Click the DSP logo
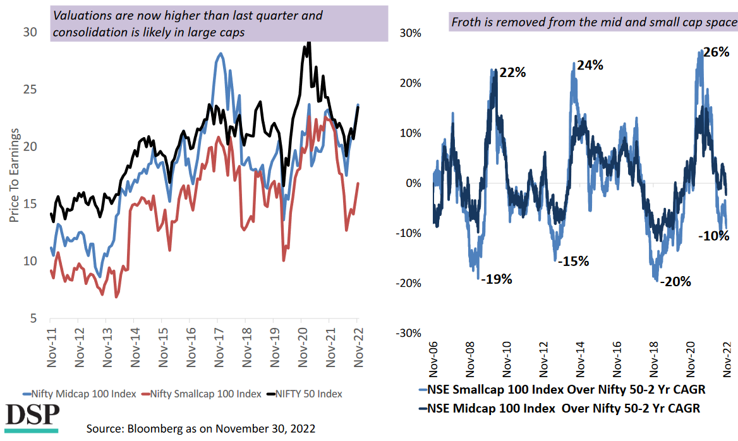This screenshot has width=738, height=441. (32, 417)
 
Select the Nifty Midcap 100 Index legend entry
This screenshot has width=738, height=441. (79, 394)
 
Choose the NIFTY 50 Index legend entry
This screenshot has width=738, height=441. (306, 394)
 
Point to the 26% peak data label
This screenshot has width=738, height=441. (716, 52)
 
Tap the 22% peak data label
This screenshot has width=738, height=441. (512, 72)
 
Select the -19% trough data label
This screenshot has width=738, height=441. (496, 279)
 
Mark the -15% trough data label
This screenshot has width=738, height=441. (574, 261)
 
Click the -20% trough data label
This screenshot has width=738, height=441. (675, 282)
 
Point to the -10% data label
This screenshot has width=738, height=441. (714, 236)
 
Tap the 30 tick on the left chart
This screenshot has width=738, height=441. (30, 32)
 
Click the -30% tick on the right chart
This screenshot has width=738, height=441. (408, 333)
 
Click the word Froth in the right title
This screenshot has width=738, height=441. (465, 23)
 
